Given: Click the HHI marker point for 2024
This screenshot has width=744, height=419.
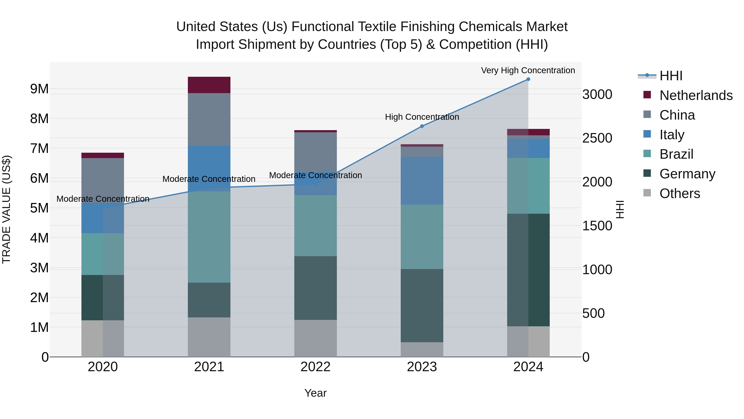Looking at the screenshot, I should [528, 79].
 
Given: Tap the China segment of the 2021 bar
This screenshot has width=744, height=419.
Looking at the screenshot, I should [209, 119].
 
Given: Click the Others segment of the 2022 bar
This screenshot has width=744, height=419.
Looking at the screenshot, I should [315, 338].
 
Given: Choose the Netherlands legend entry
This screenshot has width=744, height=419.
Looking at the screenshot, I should [696, 95].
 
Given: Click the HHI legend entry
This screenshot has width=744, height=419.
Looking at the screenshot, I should [671, 76].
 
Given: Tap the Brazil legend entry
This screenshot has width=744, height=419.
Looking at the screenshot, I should [676, 154].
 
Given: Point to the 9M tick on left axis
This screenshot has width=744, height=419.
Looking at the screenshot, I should [39, 89].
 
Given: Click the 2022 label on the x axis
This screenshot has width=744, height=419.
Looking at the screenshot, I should [315, 367].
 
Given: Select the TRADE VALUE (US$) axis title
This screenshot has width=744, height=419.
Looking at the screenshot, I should [6, 209].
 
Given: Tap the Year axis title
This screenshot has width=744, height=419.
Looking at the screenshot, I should [315, 393].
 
